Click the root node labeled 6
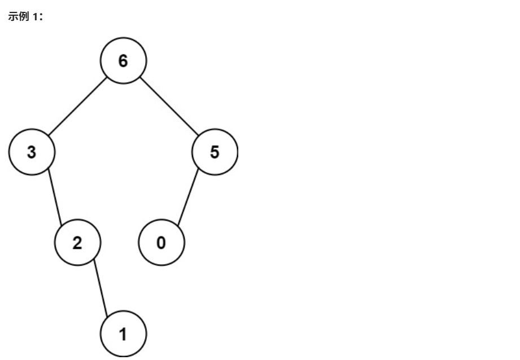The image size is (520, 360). click(x=123, y=61)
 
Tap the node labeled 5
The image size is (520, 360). click(x=215, y=153)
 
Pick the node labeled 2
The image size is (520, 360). click(x=77, y=244)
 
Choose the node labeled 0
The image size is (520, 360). click(x=161, y=244)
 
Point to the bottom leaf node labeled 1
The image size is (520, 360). click(x=123, y=335)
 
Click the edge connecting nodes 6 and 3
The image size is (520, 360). click(x=77, y=107)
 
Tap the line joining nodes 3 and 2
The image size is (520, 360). click(x=55, y=198)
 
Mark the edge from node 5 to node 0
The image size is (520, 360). click(x=189, y=198)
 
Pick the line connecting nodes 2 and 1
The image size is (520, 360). click(x=100, y=289)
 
